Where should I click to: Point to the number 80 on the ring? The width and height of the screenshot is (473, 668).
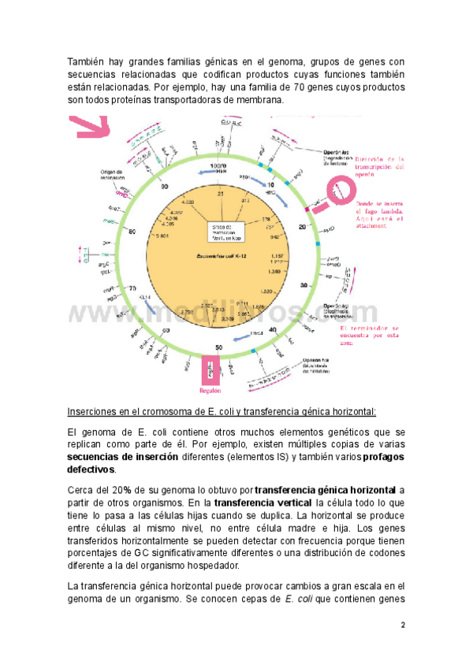[x=132, y=232]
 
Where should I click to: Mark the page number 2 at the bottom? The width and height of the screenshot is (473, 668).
[x=402, y=625]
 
